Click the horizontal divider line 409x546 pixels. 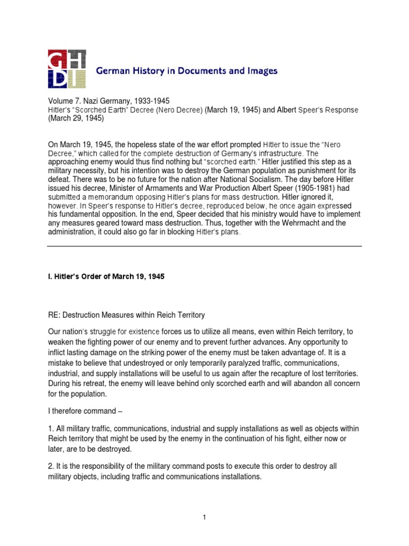[204, 246]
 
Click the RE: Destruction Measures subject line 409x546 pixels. [126, 315]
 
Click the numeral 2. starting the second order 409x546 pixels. [51, 466]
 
